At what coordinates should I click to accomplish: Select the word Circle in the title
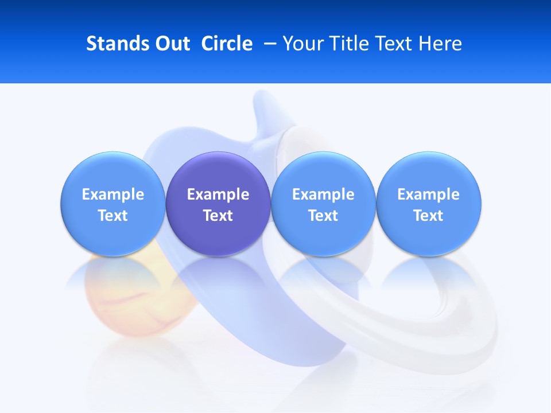[x=227, y=44]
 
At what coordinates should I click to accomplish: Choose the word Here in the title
[x=440, y=44]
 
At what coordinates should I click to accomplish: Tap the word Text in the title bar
[x=394, y=44]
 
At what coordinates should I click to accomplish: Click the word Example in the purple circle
[x=218, y=194]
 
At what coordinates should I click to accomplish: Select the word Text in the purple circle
[x=218, y=216]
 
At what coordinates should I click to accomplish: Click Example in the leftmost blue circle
[x=113, y=194]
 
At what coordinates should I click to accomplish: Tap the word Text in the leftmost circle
[x=113, y=216]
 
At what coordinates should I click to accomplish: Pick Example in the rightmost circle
[x=428, y=194]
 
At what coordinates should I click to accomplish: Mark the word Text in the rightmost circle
[x=428, y=216]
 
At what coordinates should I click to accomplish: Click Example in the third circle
[x=323, y=194]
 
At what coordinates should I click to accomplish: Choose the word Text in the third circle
[x=323, y=216]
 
